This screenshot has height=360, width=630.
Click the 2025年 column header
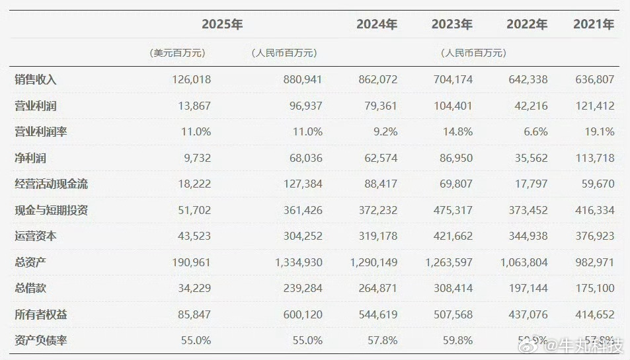pyautogui.click(x=223, y=24)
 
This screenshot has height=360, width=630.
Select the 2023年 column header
pyautogui.click(x=452, y=24)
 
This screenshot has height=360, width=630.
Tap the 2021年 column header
pyautogui.click(x=594, y=24)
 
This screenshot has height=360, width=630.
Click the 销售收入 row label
pyautogui.click(x=36, y=79)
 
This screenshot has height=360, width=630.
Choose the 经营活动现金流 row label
pyautogui.click(x=52, y=184)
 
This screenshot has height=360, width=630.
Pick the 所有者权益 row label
pyautogui.click(x=41, y=314)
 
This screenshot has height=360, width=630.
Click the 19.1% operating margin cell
pyautogui.click(x=602, y=131)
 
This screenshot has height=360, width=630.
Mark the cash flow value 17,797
pyautogui.click(x=527, y=184)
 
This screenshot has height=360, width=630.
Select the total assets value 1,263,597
pyautogui.click(x=442, y=262)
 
